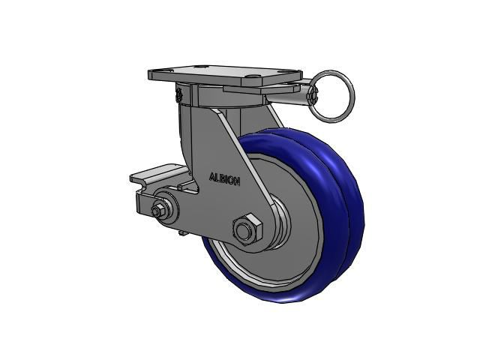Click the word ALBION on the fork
coord(224,179)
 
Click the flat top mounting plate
coord(225,76)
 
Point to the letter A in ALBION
coord(211,177)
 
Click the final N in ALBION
coord(237,181)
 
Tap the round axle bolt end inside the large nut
coord(243,232)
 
